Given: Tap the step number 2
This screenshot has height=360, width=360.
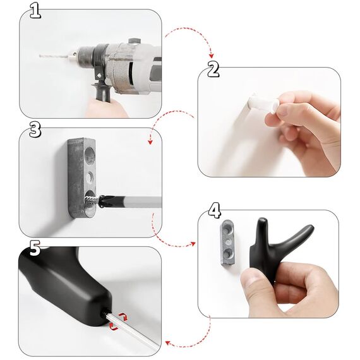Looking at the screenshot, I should click(x=213, y=69).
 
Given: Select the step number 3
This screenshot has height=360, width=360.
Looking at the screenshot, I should click(x=35, y=129).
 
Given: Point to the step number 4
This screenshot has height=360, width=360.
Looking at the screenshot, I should click(x=214, y=208).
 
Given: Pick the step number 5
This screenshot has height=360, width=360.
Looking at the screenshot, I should click(x=35, y=248).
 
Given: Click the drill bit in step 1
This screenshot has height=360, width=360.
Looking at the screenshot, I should click(x=56, y=56).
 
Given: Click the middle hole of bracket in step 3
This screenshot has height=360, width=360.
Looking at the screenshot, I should click(x=90, y=173).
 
